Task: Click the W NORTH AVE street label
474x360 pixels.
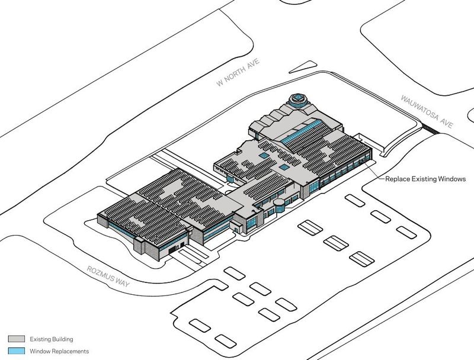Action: (x=238, y=72)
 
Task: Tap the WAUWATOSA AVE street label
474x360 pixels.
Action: (x=427, y=111)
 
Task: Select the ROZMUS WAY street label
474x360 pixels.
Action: (x=108, y=277)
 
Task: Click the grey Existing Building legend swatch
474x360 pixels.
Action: (x=17, y=339)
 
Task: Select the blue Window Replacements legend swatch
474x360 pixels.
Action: (x=17, y=351)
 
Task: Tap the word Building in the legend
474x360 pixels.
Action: (x=63, y=339)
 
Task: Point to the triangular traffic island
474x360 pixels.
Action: (x=303, y=67)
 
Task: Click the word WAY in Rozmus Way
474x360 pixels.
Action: (x=123, y=282)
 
